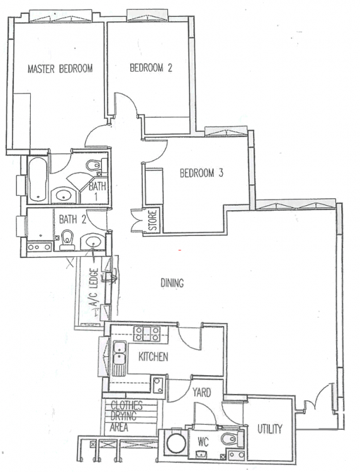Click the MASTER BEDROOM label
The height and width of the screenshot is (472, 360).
60,69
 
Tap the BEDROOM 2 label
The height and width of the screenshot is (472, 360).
151,69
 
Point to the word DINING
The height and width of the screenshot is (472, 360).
171,284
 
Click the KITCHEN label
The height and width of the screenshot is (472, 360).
153,357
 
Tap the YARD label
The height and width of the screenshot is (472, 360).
201,393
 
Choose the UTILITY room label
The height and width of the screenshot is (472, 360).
269,429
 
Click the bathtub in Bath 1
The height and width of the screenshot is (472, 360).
37,179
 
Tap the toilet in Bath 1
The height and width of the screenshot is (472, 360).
93,166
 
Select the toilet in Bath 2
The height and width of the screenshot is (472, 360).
67,239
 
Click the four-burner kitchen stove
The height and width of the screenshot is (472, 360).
147,334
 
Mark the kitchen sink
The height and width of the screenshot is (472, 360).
118,355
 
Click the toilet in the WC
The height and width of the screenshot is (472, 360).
229,439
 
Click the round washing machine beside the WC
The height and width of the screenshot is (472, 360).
176,443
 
